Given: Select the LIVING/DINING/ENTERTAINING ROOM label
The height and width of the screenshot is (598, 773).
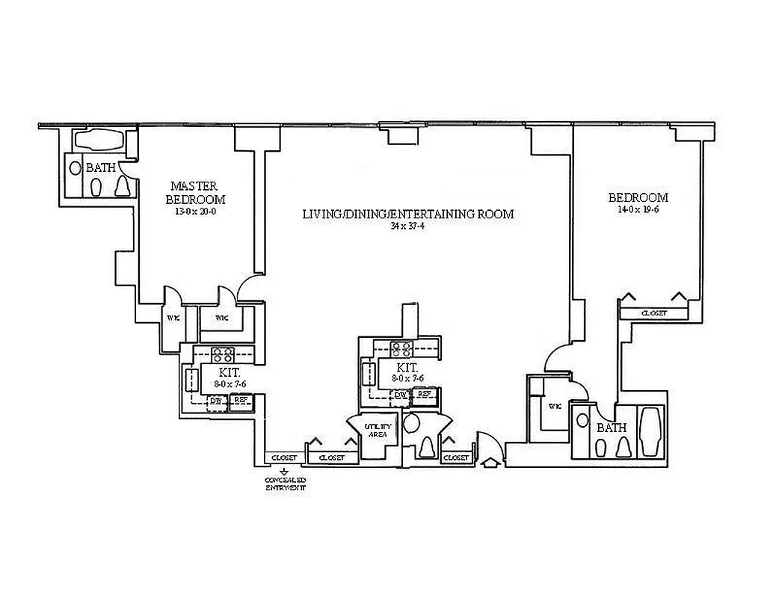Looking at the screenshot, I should (407, 214).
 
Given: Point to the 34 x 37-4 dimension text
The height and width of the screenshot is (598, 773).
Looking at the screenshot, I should (407, 226).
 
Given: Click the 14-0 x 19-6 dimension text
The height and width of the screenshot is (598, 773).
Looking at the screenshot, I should (638, 210).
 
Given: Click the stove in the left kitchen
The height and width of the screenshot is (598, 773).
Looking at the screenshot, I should (224, 354).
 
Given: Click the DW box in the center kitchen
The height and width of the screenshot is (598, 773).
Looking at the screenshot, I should (401, 395).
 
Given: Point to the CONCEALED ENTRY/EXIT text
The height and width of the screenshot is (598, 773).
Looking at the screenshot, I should (285, 483).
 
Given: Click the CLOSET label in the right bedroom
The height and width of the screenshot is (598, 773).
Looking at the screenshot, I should (654, 313).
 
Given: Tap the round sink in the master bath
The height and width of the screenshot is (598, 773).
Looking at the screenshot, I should (76, 168).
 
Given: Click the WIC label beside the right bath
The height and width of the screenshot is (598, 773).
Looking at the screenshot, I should (554, 406).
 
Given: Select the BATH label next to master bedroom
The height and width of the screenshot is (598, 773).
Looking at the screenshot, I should (100, 167).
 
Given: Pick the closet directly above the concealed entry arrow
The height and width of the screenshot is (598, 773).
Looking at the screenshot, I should (285, 457).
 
